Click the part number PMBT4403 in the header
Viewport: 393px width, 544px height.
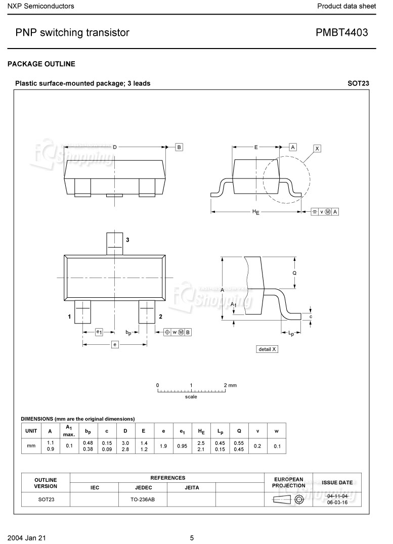pyautogui.click(x=341, y=32)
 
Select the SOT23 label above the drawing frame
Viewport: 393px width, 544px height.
pyautogui.click(x=358, y=83)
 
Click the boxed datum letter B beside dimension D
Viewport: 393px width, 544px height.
pyautogui.click(x=179, y=147)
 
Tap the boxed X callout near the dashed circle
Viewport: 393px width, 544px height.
pyautogui.click(x=317, y=149)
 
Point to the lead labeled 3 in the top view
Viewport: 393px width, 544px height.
pyautogui.click(x=115, y=244)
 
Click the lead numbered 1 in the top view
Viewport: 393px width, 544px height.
pyautogui.click(x=82, y=312)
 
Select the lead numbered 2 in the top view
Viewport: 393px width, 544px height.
pyautogui.click(x=147, y=312)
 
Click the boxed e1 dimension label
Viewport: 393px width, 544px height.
pyautogui.click(x=99, y=332)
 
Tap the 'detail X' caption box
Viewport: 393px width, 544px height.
pyautogui.click(x=267, y=349)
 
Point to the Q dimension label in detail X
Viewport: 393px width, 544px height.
pyautogui.click(x=294, y=273)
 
